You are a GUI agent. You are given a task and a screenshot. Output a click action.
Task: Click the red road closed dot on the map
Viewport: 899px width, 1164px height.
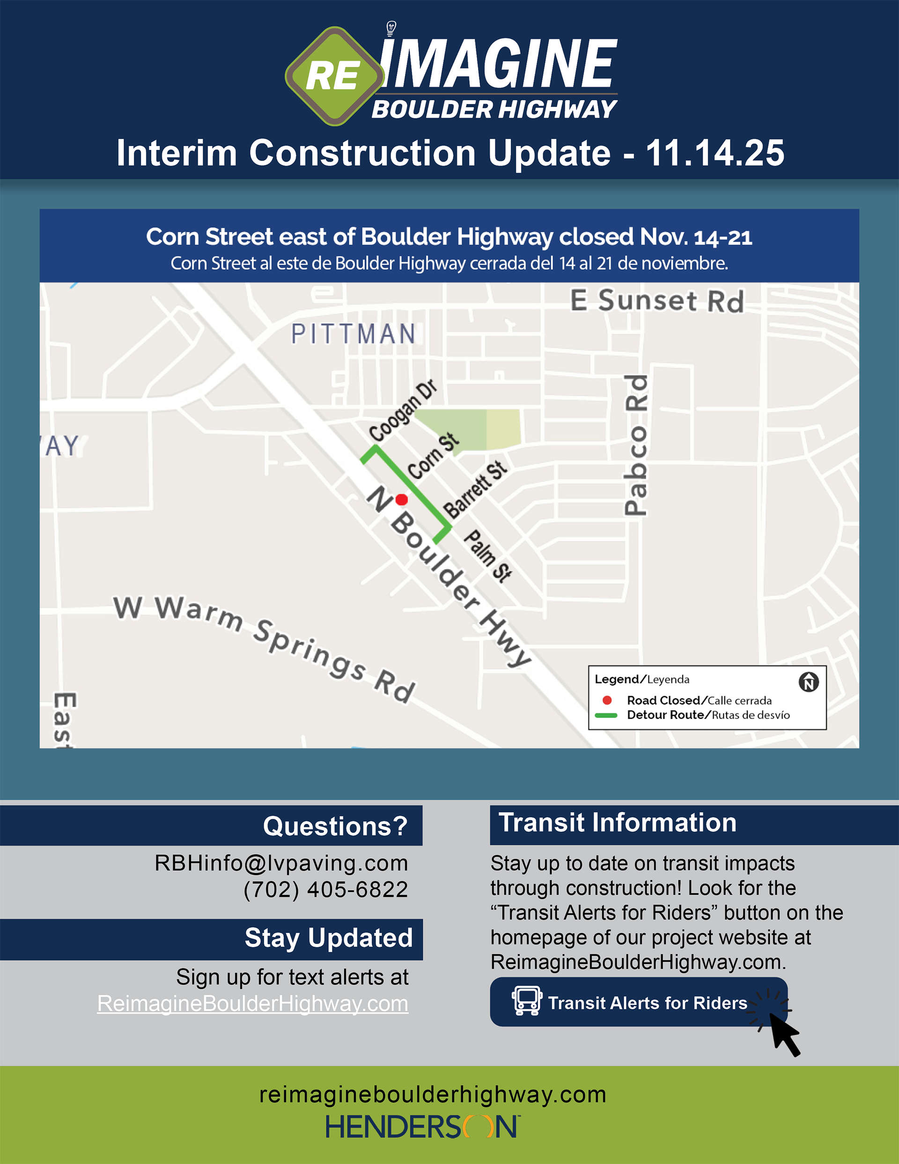click(402, 499)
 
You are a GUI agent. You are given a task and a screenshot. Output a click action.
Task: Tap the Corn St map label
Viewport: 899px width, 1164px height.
click(433, 456)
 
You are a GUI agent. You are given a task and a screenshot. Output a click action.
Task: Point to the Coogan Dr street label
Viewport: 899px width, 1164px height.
click(403, 410)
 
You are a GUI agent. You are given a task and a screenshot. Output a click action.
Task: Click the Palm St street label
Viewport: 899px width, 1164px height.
click(487, 556)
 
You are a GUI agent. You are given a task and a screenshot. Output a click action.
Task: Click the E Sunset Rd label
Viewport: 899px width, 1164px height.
click(657, 301)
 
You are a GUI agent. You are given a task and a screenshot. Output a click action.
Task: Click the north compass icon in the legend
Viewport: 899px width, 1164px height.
click(809, 682)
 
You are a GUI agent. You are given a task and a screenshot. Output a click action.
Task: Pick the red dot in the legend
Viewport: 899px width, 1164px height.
click(606, 700)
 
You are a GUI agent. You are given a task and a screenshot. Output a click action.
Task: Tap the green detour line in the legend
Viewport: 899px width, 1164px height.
click(606, 715)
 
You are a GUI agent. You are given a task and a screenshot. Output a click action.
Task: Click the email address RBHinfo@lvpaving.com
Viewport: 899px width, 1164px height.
click(281, 863)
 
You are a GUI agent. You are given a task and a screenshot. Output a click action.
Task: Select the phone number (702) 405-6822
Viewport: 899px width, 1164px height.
click(325, 889)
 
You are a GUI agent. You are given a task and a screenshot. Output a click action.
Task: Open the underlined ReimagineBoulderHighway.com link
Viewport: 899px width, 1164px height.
click(252, 1004)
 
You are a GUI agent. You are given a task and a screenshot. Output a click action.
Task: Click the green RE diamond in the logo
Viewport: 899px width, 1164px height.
click(335, 76)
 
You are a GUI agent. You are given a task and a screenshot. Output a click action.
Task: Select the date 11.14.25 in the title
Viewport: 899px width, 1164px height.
click(715, 153)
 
